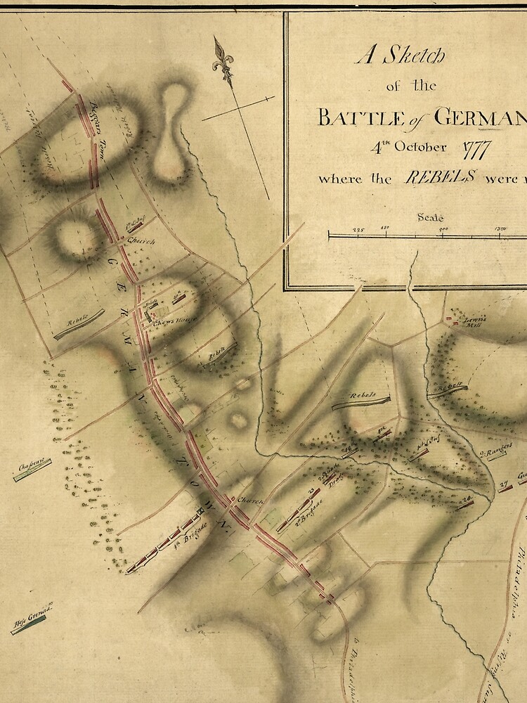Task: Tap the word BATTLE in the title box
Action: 350,117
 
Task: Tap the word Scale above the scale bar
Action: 430,217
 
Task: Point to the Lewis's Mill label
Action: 474,321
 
